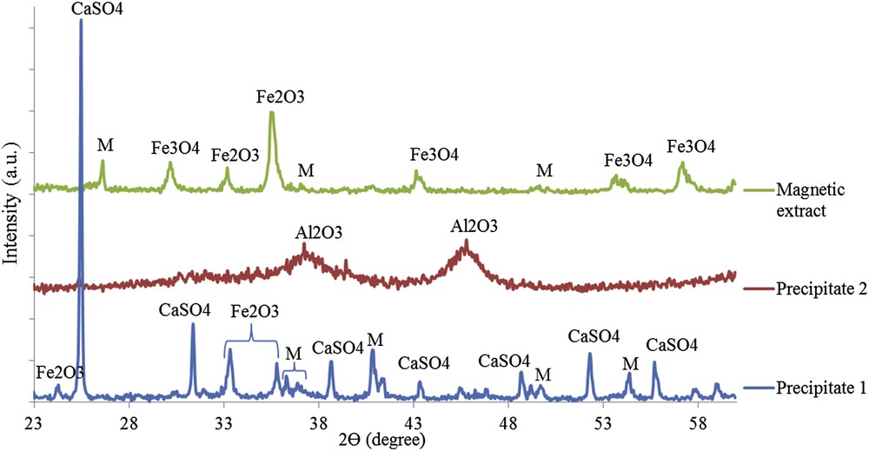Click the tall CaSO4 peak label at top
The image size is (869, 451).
pyautogui.click(x=81, y=10)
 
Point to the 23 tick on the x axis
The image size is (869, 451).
pyautogui.click(x=33, y=418)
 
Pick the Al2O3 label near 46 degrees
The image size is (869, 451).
pyautogui.click(x=474, y=226)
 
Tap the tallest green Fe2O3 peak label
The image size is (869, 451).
pyautogui.click(x=280, y=97)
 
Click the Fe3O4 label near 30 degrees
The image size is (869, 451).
pyautogui.click(x=175, y=148)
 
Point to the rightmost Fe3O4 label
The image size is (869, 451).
pyautogui.click(x=691, y=147)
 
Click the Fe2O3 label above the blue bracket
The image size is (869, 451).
pyautogui.click(x=255, y=310)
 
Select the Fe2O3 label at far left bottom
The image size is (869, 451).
pyautogui.click(x=60, y=372)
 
